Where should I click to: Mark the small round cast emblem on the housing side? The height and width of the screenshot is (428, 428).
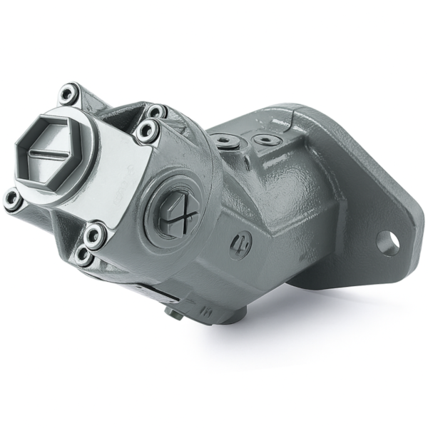[x=240, y=245]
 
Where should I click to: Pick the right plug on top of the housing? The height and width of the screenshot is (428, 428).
[x=265, y=137]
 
